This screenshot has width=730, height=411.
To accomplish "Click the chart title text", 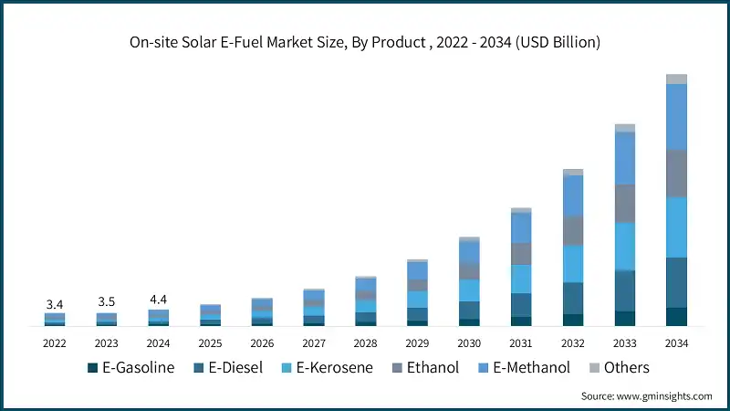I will [x=365, y=43].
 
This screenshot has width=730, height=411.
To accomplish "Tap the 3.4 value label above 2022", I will [x=55, y=304].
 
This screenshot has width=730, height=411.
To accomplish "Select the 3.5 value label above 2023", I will [x=107, y=302].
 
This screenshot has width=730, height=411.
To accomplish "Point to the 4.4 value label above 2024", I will [x=159, y=299].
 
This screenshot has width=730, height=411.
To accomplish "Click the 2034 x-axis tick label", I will [x=676, y=343].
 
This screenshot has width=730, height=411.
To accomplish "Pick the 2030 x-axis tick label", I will [x=469, y=343].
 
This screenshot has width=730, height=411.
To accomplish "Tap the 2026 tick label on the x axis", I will [x=262, y=343].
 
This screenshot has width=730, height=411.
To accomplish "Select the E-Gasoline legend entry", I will [x=132, y=367].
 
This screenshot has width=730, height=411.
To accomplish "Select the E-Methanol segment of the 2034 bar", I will [x=676, y=117].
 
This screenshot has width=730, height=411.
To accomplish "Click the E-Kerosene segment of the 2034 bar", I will [x=676, y=227].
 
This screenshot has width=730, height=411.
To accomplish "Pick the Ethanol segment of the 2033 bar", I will [x=625, y=204].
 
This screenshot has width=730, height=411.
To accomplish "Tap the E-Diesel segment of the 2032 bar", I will [x=573, y=298].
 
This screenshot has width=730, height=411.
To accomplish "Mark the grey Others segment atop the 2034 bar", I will [x=676, y=79].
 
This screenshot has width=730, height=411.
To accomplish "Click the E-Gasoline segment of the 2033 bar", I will [x=625, y=318].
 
